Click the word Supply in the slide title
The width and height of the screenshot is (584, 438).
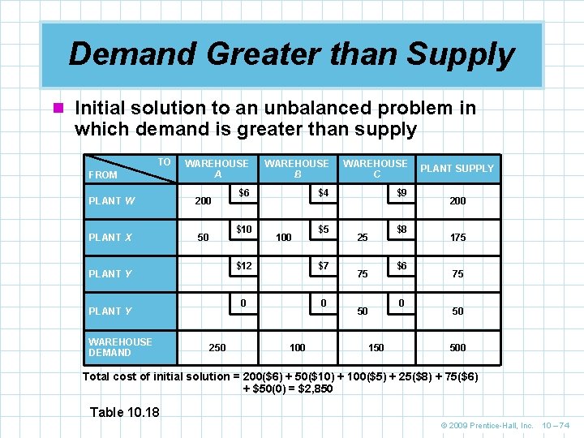460,54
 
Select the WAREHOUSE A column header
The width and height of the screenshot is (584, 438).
217,169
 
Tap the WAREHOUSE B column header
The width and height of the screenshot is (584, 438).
297,169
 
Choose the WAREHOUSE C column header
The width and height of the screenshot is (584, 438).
376,169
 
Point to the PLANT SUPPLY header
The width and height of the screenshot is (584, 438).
457,169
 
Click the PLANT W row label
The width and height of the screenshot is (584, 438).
111,200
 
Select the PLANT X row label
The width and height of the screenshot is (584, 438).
110,238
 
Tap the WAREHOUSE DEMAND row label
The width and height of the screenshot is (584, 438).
120,347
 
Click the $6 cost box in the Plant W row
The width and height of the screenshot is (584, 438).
243,193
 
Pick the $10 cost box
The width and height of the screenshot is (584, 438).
243,230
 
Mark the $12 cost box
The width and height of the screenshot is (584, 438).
243,266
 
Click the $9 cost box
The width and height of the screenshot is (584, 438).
401,193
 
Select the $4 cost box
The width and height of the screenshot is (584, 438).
323,193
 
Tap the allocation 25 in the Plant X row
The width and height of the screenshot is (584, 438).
363,238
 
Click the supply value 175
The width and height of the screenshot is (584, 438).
457,238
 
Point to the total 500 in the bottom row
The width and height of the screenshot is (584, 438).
457,348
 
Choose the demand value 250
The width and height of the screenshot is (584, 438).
217,348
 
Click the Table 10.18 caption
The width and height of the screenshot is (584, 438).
125,412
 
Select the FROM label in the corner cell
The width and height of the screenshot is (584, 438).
103,174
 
